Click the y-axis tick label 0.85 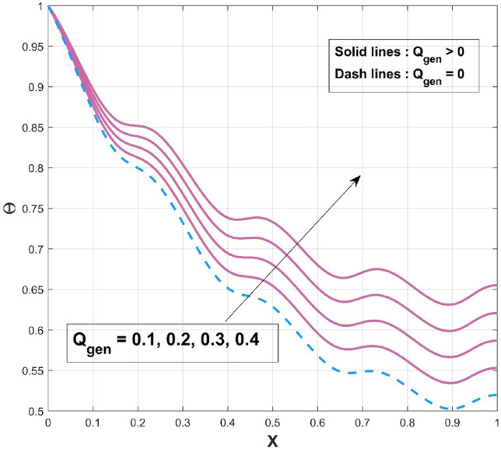pyautogui.click(x=30, y=128)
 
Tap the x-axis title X pyautogui.click(x=272, y=439)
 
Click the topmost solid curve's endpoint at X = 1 pyautogui.click(x=496, y=286)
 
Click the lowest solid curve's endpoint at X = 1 pyautogui.click(x=496, y=367)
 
